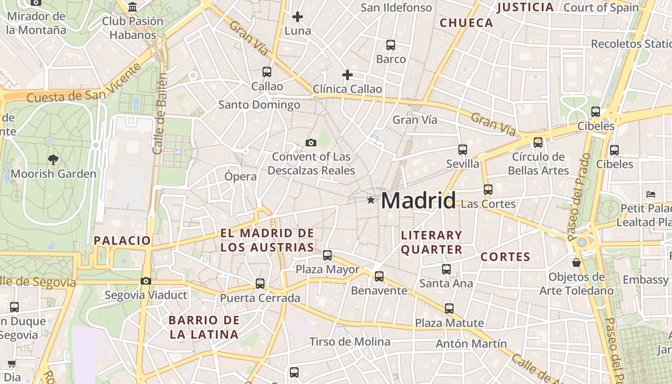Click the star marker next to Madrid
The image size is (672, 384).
coord(371,200)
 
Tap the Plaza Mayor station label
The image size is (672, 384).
coord(327,269)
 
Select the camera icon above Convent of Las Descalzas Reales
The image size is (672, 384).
coord(311,143)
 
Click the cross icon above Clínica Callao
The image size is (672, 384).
coord(347,75)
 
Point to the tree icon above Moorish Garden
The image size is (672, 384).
coord(53,159)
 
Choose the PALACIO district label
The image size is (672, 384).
coord(122,240)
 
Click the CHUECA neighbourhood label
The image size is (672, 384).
coord(467,23)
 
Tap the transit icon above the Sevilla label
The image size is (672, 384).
coord(463,150)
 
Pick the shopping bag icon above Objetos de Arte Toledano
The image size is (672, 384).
coord(576,263)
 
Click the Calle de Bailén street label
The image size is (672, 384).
coord(160,113)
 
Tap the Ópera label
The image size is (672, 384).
coord(240,176)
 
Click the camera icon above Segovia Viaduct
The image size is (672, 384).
coord(146,281)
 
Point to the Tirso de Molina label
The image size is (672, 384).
coord(349,342)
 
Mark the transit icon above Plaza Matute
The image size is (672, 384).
coord(449,309)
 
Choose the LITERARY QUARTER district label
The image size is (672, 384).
coord(432,242)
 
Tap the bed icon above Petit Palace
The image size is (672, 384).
coord(651,194)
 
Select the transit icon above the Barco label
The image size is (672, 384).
coord(391,45)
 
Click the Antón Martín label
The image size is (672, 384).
coord(471,344)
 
